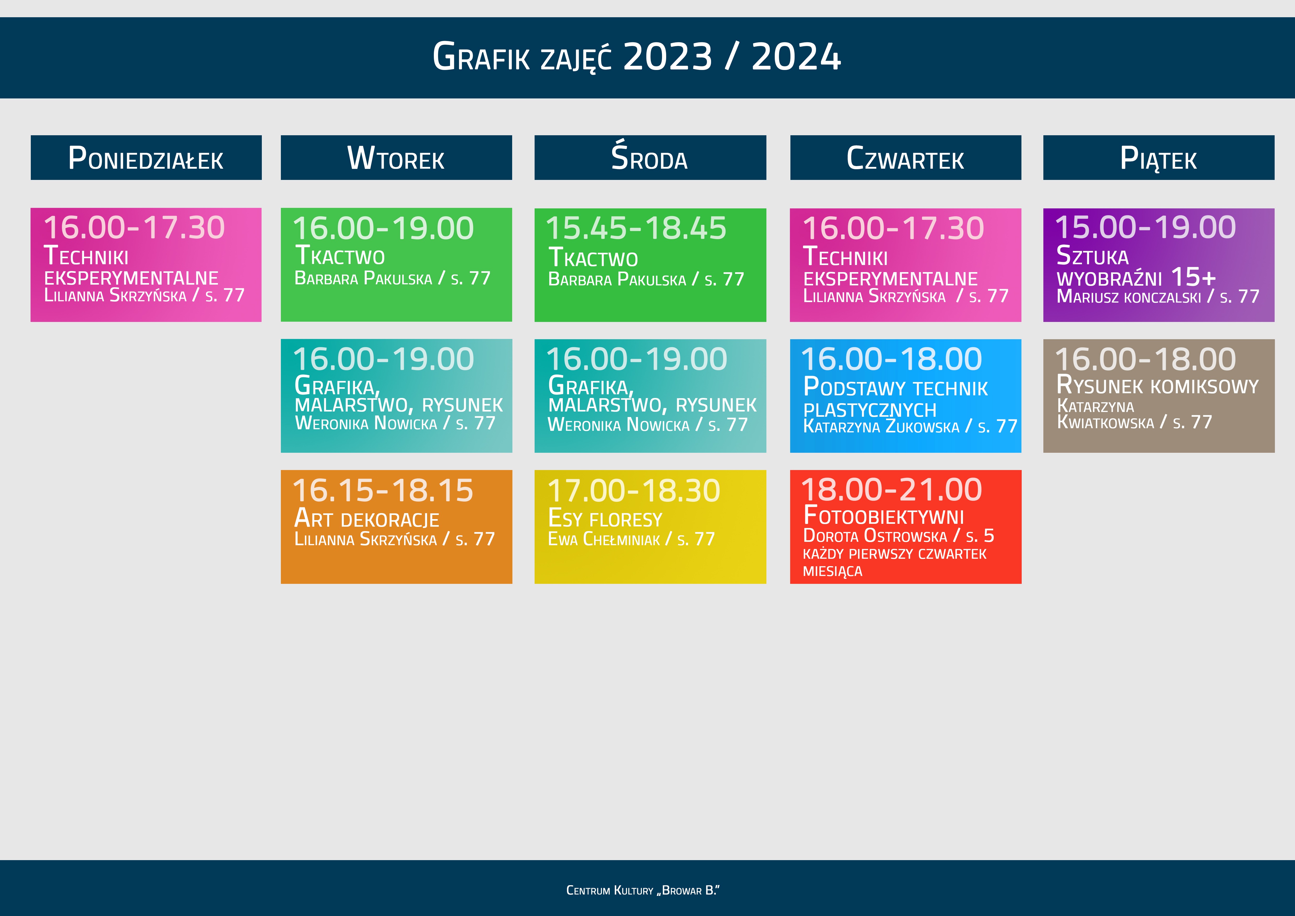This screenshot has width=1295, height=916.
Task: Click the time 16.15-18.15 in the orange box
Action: [x=383, y=490]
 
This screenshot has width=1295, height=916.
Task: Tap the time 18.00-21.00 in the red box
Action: [x=892, y=490]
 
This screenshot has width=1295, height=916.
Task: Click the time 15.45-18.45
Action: [x=636, y=228]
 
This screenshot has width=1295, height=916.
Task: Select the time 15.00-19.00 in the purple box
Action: [x=1145, y=227]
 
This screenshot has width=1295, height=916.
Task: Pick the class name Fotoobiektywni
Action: [x=884, y=515]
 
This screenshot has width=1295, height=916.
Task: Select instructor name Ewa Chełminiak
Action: [x=604, y=539]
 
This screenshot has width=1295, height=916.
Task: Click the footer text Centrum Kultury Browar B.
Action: [x=643, y=891]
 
